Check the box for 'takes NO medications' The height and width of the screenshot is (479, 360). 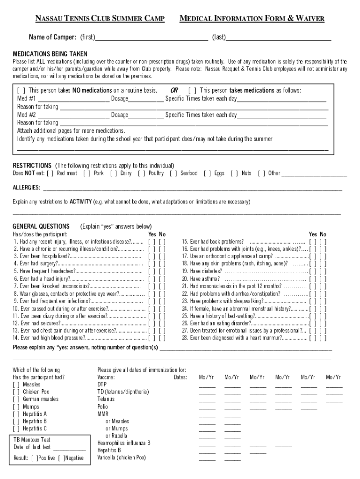pyautogui.click(x=21, y=91)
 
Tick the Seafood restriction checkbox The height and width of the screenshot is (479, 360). pyautogui.click(x=173, y=174)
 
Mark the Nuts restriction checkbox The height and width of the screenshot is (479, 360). pyautogui.click(x=234, y=174)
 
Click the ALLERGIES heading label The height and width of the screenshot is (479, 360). pyautogui.click(x=26, y=188)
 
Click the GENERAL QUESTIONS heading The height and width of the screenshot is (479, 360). pyautogui.click(x=41, y=226)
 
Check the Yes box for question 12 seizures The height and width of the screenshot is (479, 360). pyautogui.click(x=151, y=323)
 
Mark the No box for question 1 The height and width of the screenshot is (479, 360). pyautogui.click(x=162, y=242)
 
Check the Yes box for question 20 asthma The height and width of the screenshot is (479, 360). pyautogui.click(x=313, y=279)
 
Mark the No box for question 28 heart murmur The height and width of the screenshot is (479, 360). pyautogui.click(x=323, y=338)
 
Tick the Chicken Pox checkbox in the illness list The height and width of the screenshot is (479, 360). pyautogui.click(x=16, y=392)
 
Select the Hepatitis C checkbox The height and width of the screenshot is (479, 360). pyautogui.click(x=16, y=428)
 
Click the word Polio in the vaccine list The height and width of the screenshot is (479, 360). pyautogui.click(x=102, y=406)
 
